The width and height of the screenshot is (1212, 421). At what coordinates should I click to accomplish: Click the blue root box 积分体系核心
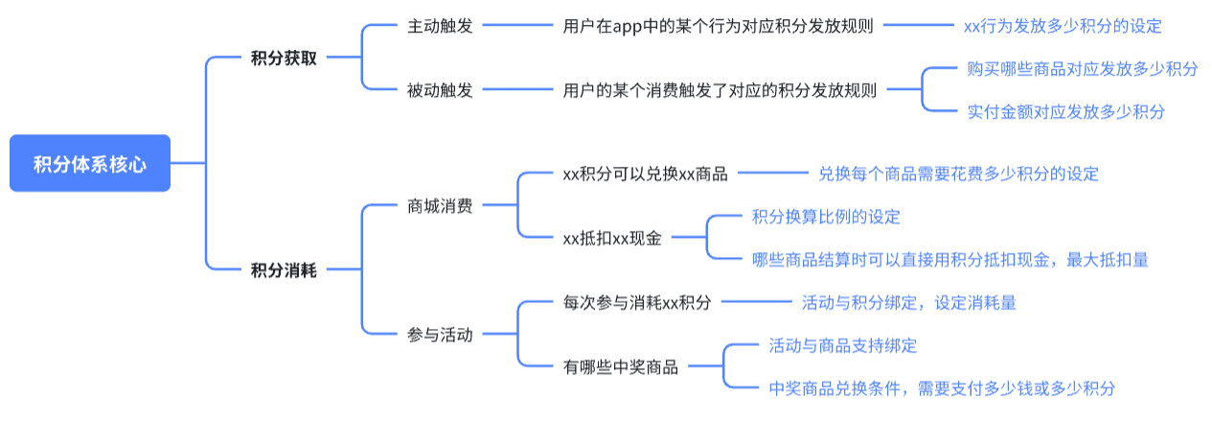pyautogui.click(x=90, y=163)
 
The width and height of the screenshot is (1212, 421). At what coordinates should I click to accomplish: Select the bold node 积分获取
pyautogui.click(x=284, y=58)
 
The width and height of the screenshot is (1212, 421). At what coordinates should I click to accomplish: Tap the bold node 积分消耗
pyautogui.click(x=284, y=269)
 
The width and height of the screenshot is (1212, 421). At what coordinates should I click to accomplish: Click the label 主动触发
pyautogui.click(x=440, y=26)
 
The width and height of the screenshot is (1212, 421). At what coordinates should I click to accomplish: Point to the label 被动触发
pyautogui.click(x=440, y=90)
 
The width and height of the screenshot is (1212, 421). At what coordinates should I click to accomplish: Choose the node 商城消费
pyautogui.click(x=440, y=206)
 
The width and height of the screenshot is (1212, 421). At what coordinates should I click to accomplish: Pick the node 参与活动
pyautogui.click(x=440, y=335)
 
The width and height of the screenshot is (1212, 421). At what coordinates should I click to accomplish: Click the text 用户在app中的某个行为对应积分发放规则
pyautogui.click(x=718, y=26)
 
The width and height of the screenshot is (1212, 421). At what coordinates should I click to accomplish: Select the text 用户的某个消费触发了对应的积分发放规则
pyautogui.click(x=720, y=90)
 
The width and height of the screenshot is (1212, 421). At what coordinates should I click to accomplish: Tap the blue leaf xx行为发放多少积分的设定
pyautogui.click(x=1063, y=26)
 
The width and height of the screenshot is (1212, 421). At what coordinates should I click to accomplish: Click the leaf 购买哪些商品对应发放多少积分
pyautogui.click(x=1082, y=69)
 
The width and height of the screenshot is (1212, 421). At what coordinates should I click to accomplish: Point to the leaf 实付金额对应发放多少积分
pyautogui.click(x=1066, y=111)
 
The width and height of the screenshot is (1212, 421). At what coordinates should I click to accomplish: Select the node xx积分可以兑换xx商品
pyautogui.click(x=645, y=174)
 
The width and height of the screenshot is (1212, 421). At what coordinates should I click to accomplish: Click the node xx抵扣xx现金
pyautogui.click(x=612, y=238)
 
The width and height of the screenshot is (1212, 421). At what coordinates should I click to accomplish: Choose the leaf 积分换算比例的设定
pyautogui.click(x=826, y=217)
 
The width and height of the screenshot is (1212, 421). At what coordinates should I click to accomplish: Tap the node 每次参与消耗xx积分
pyautogui.click(x=637, y=302)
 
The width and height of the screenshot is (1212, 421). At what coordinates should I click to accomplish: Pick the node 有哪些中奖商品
pyautogui.click(x=621, y=367)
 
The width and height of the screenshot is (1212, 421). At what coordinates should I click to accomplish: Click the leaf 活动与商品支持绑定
pyautogui.click(x=843, y=345)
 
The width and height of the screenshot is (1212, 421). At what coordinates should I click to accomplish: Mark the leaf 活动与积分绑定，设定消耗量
pyautogui.click(x=909, y=302)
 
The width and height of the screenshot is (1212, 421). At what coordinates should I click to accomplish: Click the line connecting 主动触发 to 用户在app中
pyautogui.click(x=517, y=25)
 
